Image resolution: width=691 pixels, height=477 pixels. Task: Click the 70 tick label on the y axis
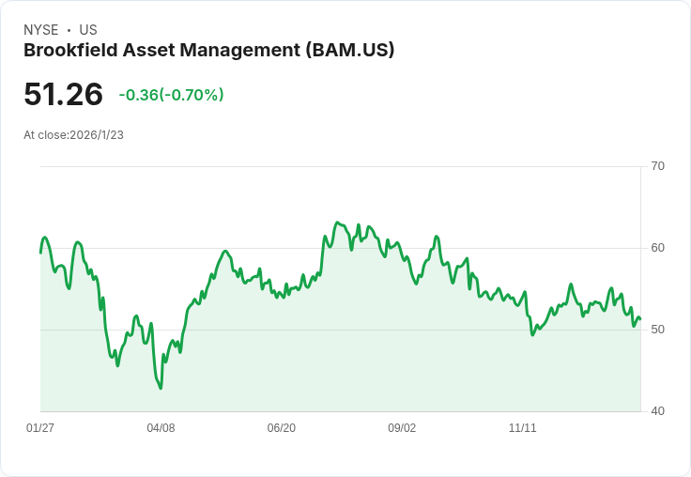[657, 166]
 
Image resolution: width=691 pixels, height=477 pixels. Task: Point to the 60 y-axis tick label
[657, 248]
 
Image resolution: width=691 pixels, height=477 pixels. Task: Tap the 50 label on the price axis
[657, 330]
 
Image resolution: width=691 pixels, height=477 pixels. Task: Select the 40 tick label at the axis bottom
[657, 411]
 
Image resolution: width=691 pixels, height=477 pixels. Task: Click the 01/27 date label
[40, 428]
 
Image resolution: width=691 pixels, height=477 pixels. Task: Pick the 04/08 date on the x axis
[161, 428]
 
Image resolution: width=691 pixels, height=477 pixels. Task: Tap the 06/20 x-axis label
[281, 428]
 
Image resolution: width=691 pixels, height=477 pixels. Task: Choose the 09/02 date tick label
[402, 428]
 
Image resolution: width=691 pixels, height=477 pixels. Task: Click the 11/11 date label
[523, 428]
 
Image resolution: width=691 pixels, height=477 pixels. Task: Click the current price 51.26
[64, 94]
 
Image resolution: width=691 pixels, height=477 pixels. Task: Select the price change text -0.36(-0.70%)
[172, 95]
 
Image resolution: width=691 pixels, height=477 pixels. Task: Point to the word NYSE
[41, 30]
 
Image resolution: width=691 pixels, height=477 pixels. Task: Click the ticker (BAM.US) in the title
[350, 51]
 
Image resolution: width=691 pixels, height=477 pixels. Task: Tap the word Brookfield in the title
[70, 51]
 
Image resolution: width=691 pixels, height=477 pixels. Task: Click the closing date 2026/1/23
[97, 135]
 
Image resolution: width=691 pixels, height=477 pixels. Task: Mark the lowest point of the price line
[161, 389]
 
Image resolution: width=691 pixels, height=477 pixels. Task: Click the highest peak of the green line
[337, 223]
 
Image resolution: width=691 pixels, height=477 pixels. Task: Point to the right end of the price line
[640, 318]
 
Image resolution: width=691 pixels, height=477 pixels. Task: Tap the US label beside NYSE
[88, 30]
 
